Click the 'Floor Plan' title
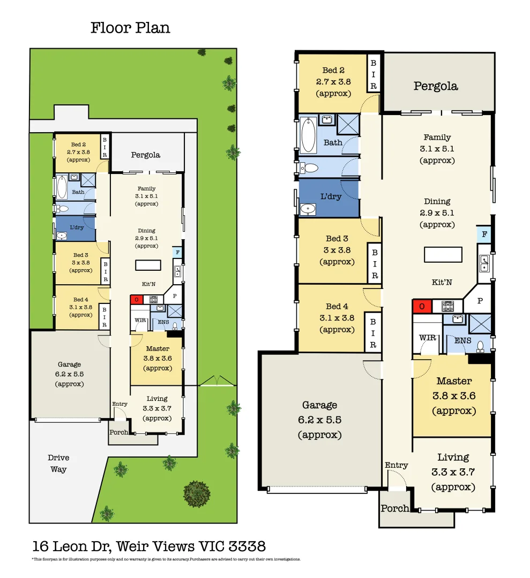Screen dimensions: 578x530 130,28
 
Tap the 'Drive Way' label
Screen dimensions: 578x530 58,463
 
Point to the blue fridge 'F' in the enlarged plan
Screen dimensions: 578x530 484,234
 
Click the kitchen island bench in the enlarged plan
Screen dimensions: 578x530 443,254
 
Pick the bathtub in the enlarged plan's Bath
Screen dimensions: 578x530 308,135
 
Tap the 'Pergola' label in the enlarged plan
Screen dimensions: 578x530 436,86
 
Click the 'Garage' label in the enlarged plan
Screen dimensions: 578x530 319,405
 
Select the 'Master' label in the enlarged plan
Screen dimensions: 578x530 454,381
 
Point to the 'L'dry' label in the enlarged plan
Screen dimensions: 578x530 331,196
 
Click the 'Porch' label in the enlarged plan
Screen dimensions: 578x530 394,508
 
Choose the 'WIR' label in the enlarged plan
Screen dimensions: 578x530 427,338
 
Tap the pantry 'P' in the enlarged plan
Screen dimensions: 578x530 480,301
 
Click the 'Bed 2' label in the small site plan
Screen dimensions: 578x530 78,144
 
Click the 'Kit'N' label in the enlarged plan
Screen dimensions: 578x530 442,282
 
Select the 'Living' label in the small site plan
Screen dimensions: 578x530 157,399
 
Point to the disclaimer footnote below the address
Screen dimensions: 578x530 166,559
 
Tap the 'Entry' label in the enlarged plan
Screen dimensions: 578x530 396,466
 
